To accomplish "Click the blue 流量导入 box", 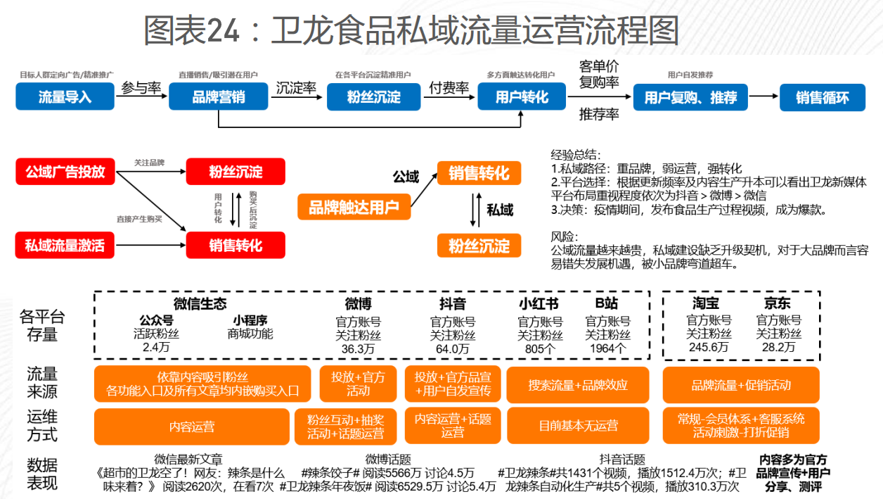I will pos(65,96).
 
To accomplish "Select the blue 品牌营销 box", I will pos(219,96).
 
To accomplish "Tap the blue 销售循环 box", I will pos(822,97).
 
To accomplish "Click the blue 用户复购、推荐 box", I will pos(690,97).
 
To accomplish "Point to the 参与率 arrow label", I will pos(141,88).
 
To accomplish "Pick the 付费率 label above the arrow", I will pos(449,88).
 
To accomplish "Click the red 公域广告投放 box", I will pos(65,171).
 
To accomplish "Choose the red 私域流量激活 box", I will pos(65,245).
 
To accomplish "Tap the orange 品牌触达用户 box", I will pos(354,207).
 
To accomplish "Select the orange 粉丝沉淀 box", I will pos(479,246).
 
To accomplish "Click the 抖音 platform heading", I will pos(453,304).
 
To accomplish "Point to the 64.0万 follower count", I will pos(453,348).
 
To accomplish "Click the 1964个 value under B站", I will pos(608,348).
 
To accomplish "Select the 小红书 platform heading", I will pos(539,304).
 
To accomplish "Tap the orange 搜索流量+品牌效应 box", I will pos(578,385).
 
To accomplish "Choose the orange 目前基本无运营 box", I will pos(578,426).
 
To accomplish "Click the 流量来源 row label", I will pos(42,382).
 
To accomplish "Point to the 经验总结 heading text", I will pos(576,155).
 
